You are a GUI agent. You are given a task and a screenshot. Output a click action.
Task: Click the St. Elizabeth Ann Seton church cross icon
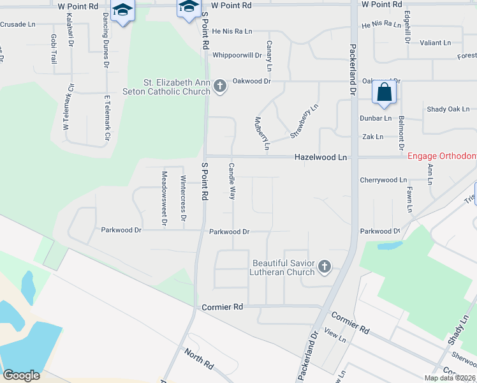pyautogui.click(x=220, y=86)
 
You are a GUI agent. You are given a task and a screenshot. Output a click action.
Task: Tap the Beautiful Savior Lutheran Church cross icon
pyautogui.click(x=325, y=267)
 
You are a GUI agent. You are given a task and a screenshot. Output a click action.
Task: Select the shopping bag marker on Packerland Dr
pyautogui.click(x=385, y=93)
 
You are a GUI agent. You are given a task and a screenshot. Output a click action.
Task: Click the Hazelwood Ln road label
pyautogui.click(x=320, y=157)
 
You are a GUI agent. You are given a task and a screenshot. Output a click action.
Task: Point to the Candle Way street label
pyautogui.click(x=232, y=181)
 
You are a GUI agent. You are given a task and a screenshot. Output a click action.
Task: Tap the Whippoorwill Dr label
pyautogui.click(x=237, y=56)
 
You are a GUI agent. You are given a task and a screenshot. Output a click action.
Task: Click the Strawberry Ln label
pyautogui.click(x=304, y=121)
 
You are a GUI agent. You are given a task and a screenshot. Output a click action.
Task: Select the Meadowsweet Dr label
pyautogui.click(x=164, y=192)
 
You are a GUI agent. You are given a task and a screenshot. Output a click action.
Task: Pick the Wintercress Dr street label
pyautogui.click(x=183, y=199)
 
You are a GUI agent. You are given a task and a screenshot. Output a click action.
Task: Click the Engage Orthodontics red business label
pyautogui.click(x=442, y=156)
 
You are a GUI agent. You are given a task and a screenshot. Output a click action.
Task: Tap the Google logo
pyautogui.click(x=21, y=375)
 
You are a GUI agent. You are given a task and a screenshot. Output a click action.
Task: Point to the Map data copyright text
pyautogui.click(x=450, y=378)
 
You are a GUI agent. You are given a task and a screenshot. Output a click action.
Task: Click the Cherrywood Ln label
pyautogui.click(x=383, y=181)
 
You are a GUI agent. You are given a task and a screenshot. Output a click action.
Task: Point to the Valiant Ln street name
pyautogui.click(x=436, y=43)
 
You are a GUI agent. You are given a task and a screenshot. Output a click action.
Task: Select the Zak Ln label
pyautogui.click(x=372, y=137)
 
